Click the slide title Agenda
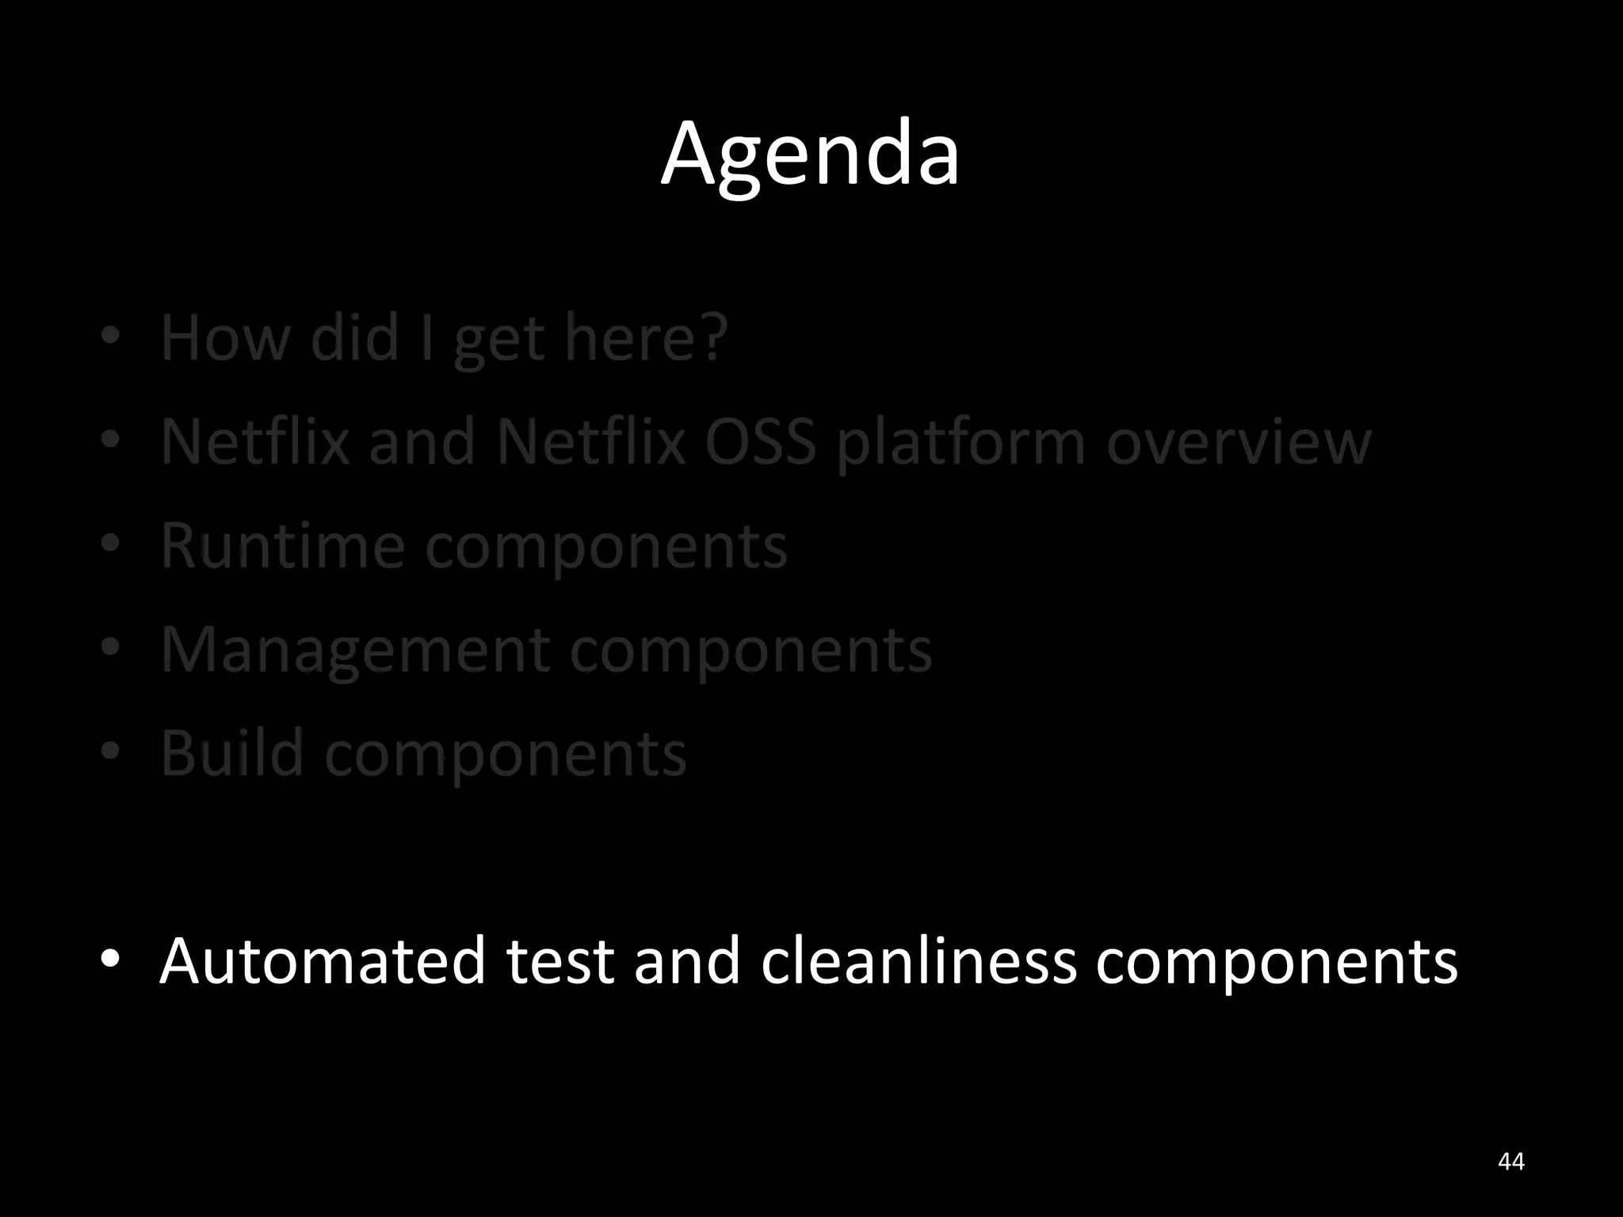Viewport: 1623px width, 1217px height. click(810, 155)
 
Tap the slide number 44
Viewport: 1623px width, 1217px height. click(1511, 1162)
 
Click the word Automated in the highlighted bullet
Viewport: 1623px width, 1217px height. click(322, 960)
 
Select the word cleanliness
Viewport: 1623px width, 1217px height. click(918, 960)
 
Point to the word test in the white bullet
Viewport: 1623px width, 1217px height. click(559, 960)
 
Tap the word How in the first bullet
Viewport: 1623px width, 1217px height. click(225, 338)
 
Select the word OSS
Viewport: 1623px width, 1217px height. click(760, 441)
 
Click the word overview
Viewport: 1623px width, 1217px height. click(1239, 441)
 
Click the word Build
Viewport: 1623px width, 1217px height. click(232, 753)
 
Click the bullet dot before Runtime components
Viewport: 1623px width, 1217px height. click(110, 543)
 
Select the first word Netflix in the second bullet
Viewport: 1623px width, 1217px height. click(254, 441)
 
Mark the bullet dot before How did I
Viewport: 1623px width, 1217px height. click(110, 336)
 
